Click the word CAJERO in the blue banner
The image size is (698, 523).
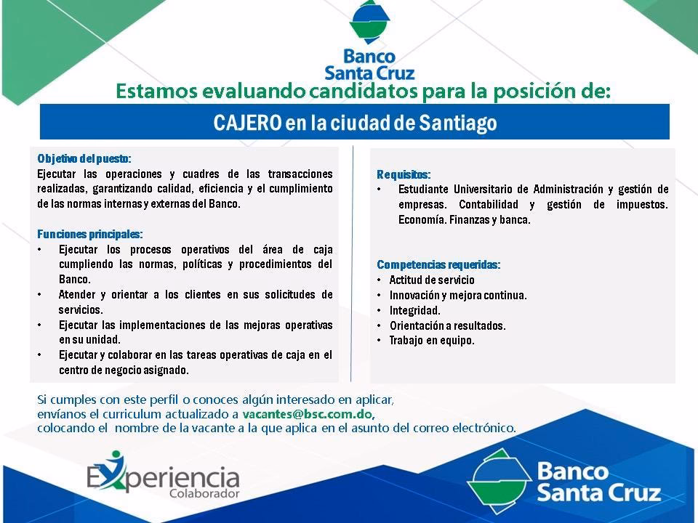point(247,122)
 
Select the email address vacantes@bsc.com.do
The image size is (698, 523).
point(308,414)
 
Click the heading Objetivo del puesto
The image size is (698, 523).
point(84,159)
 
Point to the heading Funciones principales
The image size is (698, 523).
point(90,235)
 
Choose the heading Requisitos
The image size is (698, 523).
point(404,174)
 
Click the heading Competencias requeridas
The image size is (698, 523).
point(438,265)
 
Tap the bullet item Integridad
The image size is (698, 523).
point(415,310)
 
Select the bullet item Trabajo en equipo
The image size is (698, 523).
point(432,341)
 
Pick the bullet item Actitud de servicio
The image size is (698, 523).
point(432,280)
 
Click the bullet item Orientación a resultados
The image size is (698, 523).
point(447,325)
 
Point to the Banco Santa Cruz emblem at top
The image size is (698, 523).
point(369,22)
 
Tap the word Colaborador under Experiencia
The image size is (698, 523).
point(204,493)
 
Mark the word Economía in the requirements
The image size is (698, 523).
point(421,219)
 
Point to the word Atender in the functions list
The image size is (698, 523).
point(77,294)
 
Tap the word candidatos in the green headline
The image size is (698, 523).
point(364,92)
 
